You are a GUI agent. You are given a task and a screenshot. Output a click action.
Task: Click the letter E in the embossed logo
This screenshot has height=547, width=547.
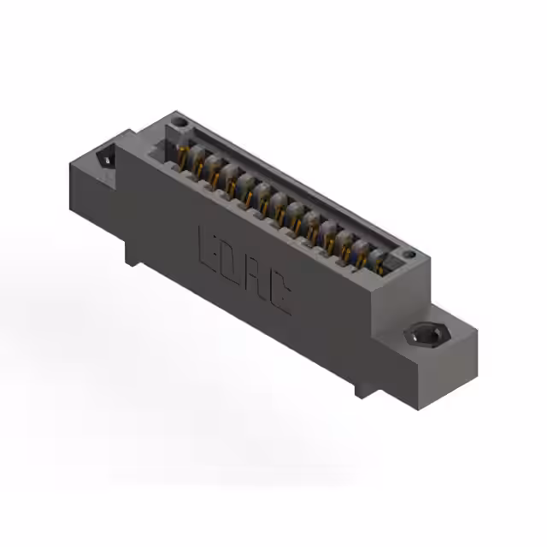click(x=207, y=245)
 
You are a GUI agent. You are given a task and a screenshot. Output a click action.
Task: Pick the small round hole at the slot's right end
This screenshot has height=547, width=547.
click(x=409, y=254)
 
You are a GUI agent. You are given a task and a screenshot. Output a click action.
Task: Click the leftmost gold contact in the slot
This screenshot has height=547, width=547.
click(x=184, y=156)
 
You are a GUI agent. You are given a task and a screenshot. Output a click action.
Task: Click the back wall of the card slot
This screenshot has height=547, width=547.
click(x=291, y=184)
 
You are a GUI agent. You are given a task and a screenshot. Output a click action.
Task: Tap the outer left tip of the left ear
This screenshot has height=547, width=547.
click(x=71, y=167)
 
